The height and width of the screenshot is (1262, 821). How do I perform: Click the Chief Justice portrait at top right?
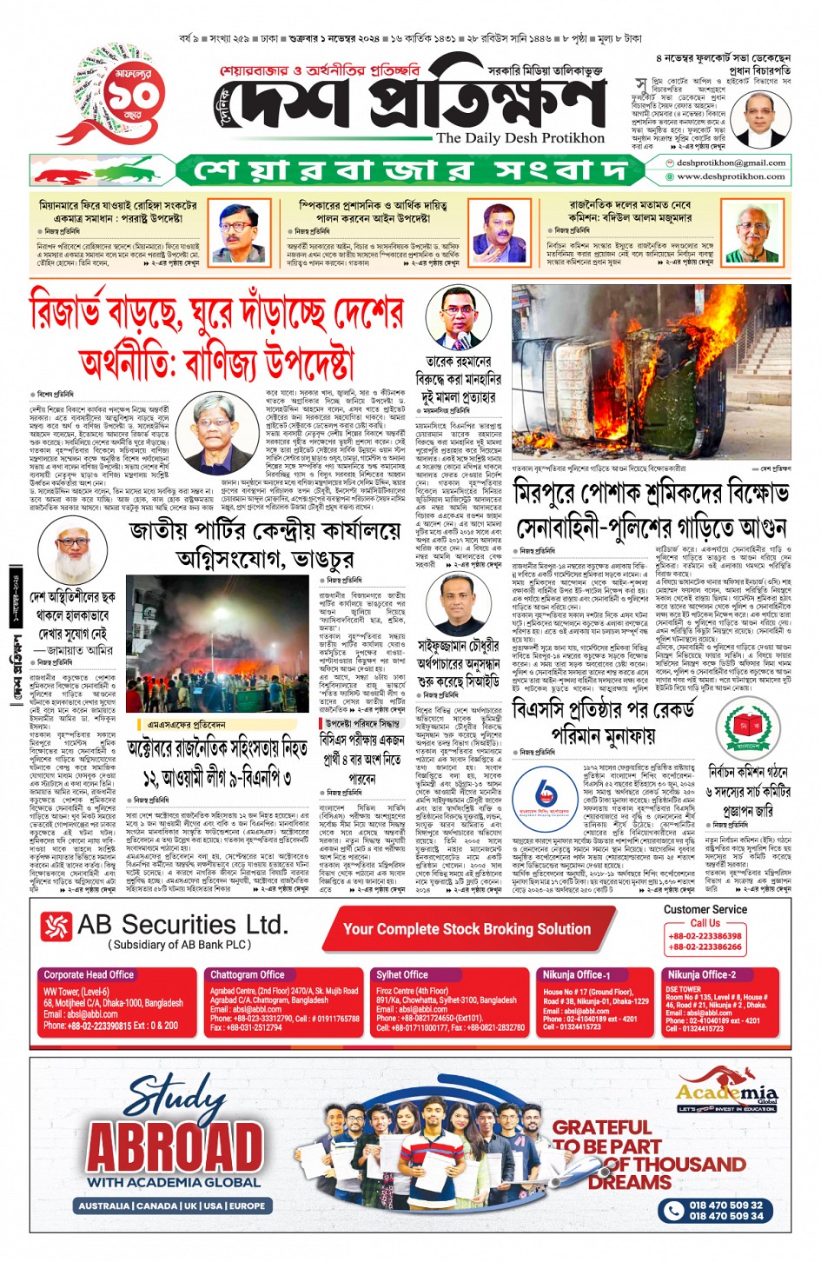point(759,118)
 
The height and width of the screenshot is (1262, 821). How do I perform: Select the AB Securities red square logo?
point(56,927)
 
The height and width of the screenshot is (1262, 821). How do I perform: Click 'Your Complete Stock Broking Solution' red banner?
point(467,928)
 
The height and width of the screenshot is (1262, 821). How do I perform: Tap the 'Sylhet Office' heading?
point(401,974)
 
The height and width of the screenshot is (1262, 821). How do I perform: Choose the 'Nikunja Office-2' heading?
point(700,974)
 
